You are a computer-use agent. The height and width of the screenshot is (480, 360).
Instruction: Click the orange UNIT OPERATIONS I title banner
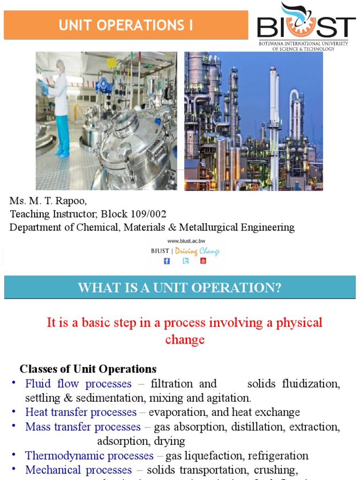tap(126, 25)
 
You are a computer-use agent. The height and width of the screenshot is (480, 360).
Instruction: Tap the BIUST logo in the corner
tap(306, 26)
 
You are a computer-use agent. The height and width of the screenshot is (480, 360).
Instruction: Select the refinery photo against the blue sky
tap(253, 121)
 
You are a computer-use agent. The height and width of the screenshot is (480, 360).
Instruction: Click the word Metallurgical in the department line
tap(210, 228)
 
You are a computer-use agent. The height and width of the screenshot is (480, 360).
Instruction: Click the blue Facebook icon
tap(167, 261)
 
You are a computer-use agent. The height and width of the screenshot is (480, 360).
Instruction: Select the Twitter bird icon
tap(186, 261)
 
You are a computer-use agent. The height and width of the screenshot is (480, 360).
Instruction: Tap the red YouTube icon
tap(203, 261)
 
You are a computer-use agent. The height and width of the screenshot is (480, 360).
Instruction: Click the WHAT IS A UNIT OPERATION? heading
tap(180, 287)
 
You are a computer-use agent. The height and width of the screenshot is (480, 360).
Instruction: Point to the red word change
tap(185, 339)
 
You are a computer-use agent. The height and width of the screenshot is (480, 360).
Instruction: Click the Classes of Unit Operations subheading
tap(88, 368)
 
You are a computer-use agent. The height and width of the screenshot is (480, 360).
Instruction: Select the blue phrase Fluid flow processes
tap(78, 384)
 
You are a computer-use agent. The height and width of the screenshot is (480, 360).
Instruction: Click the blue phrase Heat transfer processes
tap(81, 412)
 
